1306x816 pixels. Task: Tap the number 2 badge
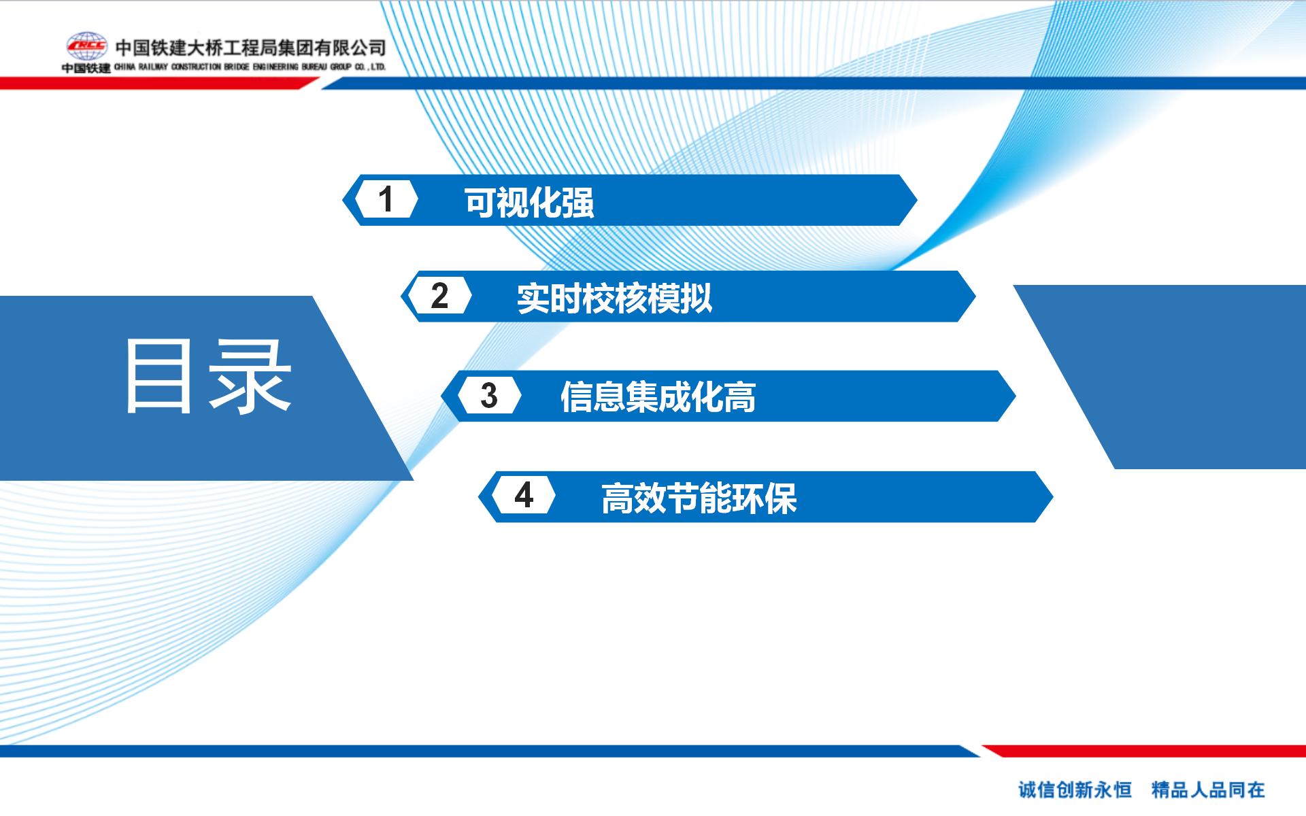pyautogui.click(x=440, y=296)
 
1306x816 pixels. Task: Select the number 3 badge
pyautogui.click(x=489, y=396)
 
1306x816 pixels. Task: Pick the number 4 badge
pyautogui.click(x=524, y=496)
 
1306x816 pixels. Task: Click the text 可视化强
pyautogui.click(x=529, y=202)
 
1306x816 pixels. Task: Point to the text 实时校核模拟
pyautogui.click(x=614, y=298)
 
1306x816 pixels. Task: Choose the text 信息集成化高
pyautogui.click(x=658, y=397)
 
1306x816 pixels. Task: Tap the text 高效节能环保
pyautogui.click(x=699, y=498)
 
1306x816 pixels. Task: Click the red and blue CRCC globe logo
pyautogui.click(x=86, y=46)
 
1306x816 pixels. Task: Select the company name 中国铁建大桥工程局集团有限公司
pyautogui.click(x=250, y=48)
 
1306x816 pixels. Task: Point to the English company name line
pyautogui.click(x=250, y=67)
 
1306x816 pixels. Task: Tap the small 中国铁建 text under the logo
pyautogui.click(x=86, y=68)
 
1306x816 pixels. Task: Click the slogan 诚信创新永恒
pyautogui.click(x=1075, y=789)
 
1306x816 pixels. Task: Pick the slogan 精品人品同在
pyautogui.click(x=1208, y=789)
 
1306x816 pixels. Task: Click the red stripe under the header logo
pyautogui.click(x=159, y=83)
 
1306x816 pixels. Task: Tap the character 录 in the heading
pyautogui.click(x=250, y=377)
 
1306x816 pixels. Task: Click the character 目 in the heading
pyautogui.click(x=158, y=377)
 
